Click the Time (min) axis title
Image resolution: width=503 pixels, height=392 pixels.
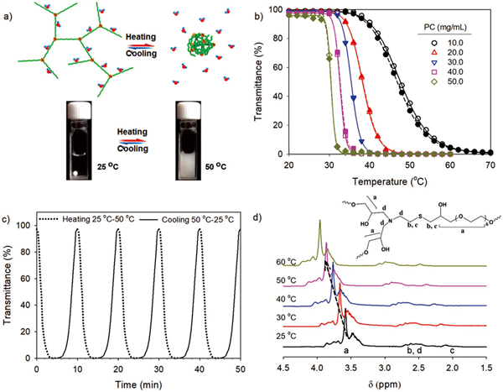144,382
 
